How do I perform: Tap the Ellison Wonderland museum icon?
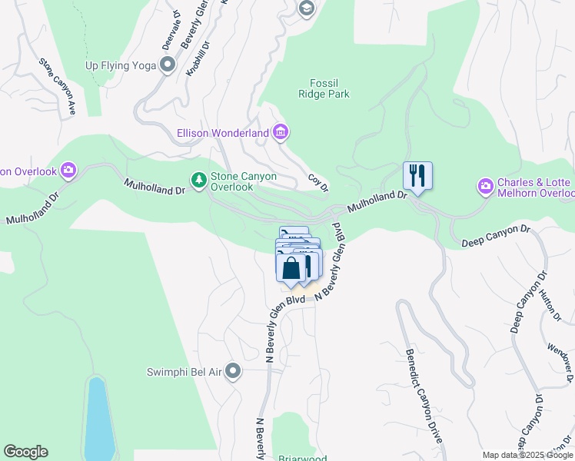pos(281,133)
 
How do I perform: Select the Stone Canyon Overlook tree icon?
pos(199,180)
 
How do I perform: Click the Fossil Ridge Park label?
pos(324,88)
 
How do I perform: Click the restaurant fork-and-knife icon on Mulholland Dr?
pos(417,176)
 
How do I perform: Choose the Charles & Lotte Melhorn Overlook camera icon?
pos(485,185)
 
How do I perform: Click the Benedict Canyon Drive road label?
pos(424,395)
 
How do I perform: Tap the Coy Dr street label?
pos(318,182)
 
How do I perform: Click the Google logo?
pos(25,452)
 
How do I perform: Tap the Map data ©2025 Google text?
pos(527,455)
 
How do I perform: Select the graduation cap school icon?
pos(306,8)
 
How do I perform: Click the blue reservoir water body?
pos(98,419)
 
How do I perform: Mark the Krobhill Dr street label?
pos(198,59)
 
